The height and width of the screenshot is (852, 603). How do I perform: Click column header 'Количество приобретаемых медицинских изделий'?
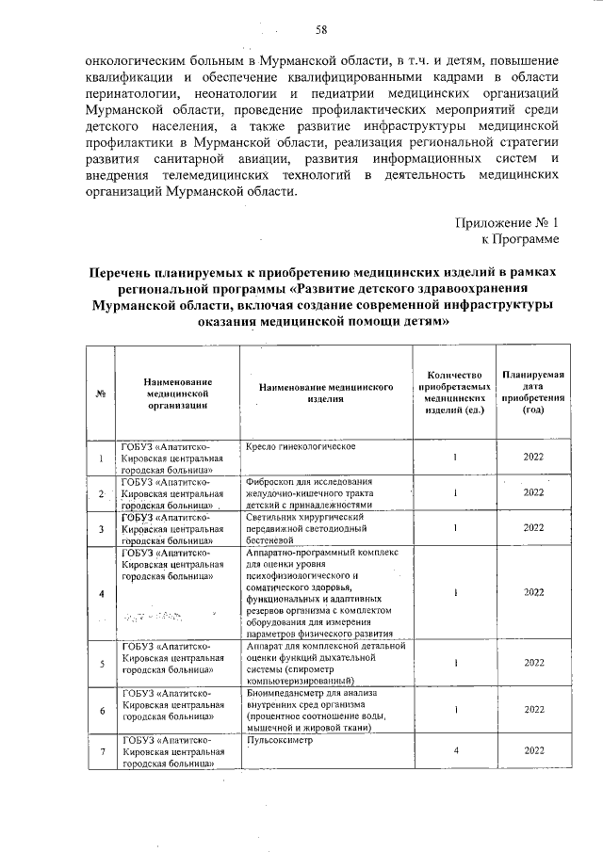[454, 393]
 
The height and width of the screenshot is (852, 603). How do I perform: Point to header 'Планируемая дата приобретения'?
[533, 393]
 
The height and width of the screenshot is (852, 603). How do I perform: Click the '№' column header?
[100, 394]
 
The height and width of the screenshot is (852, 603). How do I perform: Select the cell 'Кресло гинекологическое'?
[300, 445]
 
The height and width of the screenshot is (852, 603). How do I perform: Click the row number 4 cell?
[100, 592]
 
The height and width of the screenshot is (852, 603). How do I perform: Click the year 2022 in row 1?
[533, 458]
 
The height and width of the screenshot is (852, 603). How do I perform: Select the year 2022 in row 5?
[533, 663]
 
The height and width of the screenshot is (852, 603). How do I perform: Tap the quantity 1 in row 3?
[454, 527]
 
